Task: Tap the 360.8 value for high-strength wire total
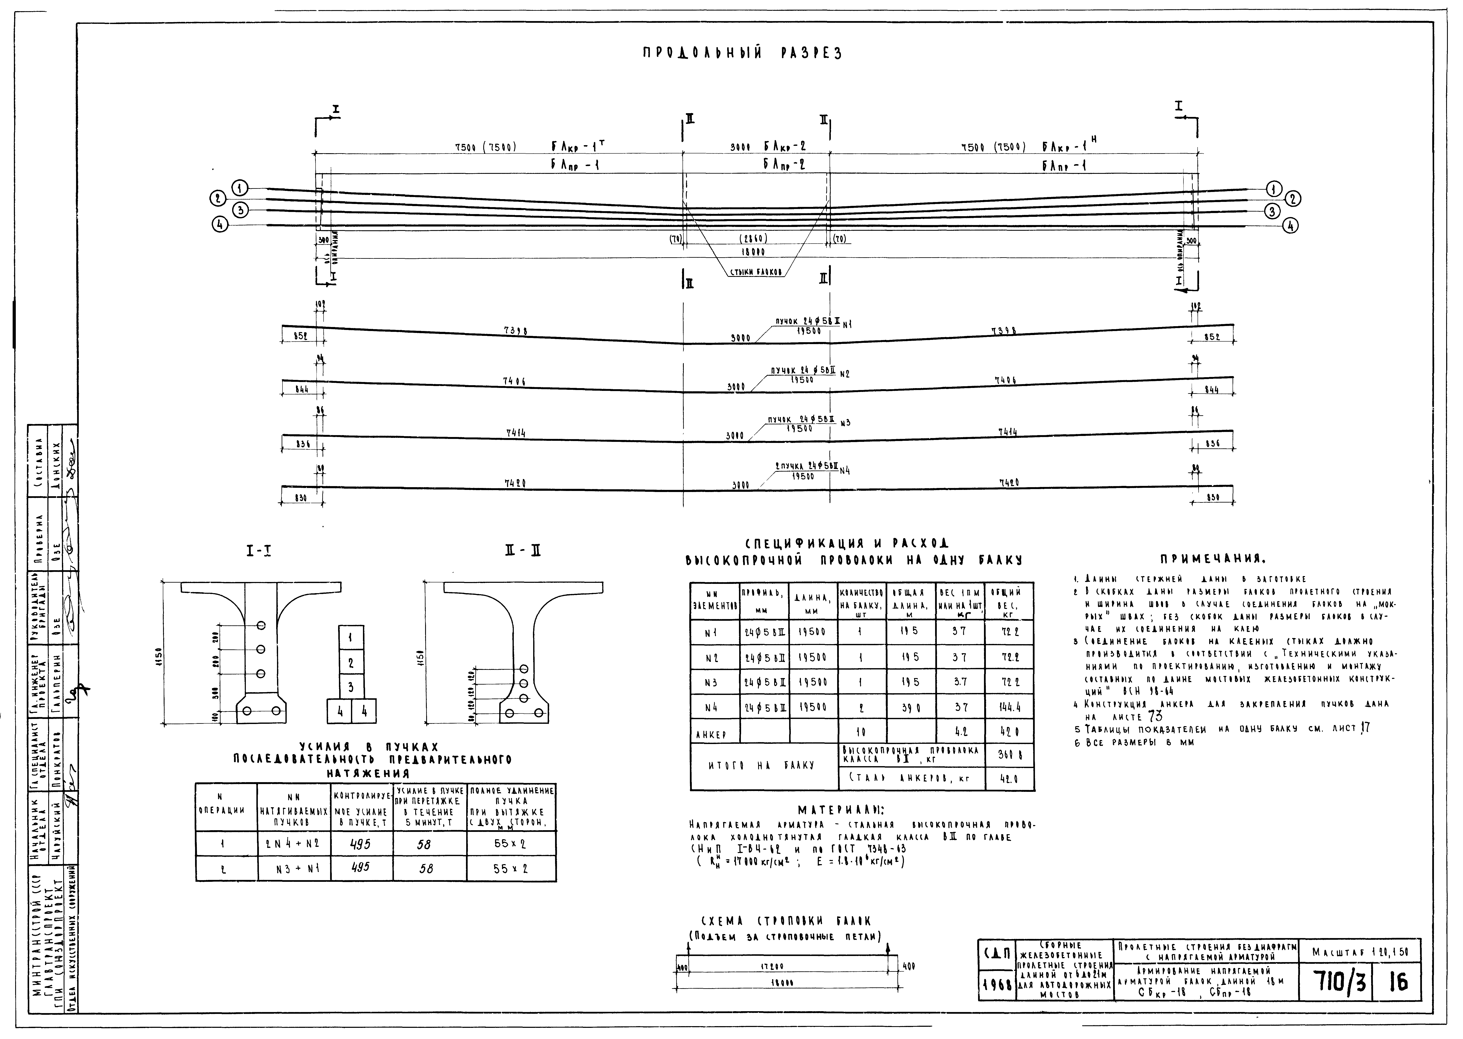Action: [x=1009, y=755]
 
